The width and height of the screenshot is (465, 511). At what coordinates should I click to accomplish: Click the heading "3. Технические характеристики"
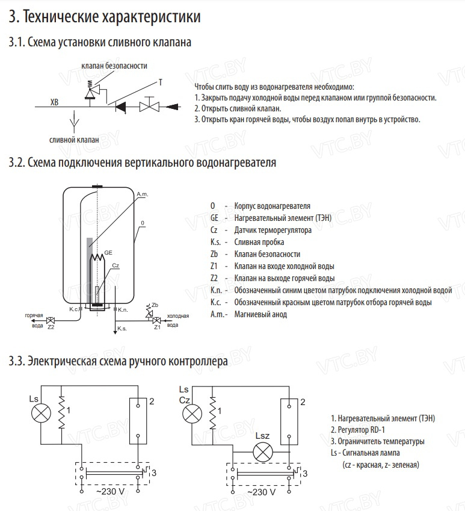click(105, 17)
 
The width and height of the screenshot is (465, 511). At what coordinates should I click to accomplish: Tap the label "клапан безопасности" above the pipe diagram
click(115, 66)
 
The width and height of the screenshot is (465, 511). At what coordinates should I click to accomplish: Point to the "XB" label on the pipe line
click(55, 103)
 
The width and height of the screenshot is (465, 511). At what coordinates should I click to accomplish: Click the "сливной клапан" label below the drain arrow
click(74, 140)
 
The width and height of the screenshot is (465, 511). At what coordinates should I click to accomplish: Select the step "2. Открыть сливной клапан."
click(237, 108)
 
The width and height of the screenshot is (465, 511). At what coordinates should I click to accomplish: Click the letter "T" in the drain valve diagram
click(160, 81)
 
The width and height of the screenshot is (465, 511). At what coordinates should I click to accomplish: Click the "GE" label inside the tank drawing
click(108, 252)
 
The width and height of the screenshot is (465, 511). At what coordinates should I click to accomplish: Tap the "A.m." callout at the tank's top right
click(143, 194)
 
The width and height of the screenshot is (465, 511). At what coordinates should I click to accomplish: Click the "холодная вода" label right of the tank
click(177, 320)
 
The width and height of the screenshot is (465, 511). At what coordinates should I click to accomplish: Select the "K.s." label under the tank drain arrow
click(122, 329)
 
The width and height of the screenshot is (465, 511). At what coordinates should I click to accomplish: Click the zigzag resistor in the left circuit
click(61, 413)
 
